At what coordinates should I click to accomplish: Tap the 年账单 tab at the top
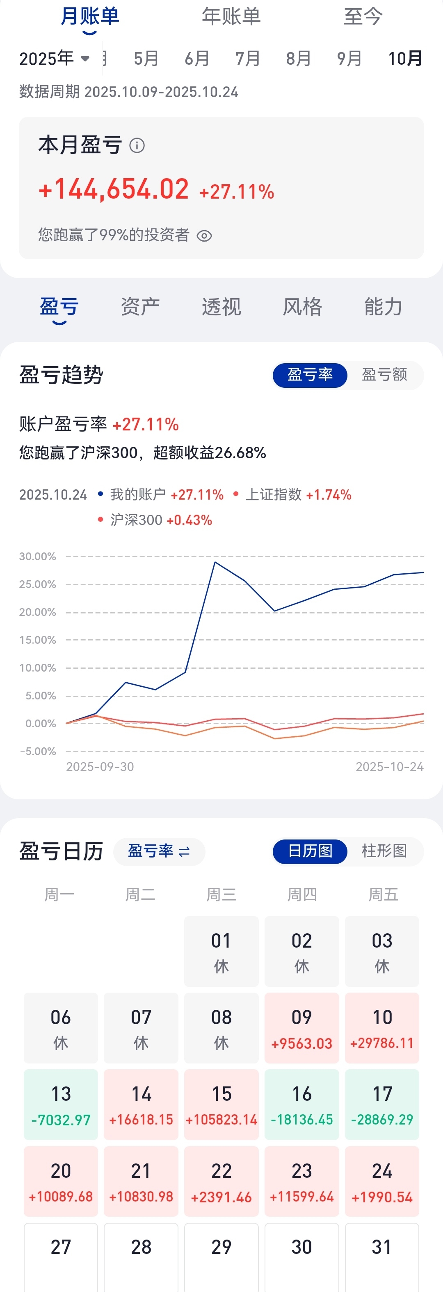(231, 16)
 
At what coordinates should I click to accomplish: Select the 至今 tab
(363, 16)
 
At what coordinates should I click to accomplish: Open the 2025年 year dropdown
(54, 59)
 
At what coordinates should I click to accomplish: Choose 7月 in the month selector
(248, 59)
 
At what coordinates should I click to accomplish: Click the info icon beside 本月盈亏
(137, 145)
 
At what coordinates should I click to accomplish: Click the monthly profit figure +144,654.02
(114, 190)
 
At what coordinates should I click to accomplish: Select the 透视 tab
(221, 306)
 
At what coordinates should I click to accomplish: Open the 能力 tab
(383, 306)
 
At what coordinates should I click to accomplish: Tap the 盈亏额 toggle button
(384, 375)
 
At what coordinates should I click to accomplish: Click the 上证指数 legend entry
(274, 495)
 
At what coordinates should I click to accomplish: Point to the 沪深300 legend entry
(136, 520)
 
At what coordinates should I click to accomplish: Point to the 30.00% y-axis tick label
(38, 556)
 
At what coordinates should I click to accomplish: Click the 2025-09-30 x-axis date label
(100, 767)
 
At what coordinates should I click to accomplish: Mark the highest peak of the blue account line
(215, 562)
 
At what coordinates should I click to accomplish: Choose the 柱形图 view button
(384, 851)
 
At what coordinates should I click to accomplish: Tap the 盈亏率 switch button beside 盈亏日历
(159, 851)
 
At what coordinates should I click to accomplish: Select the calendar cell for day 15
(221, 1104)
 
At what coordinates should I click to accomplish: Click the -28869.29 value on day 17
(382, 1120)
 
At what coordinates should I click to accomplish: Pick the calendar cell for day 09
(302, 1028)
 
